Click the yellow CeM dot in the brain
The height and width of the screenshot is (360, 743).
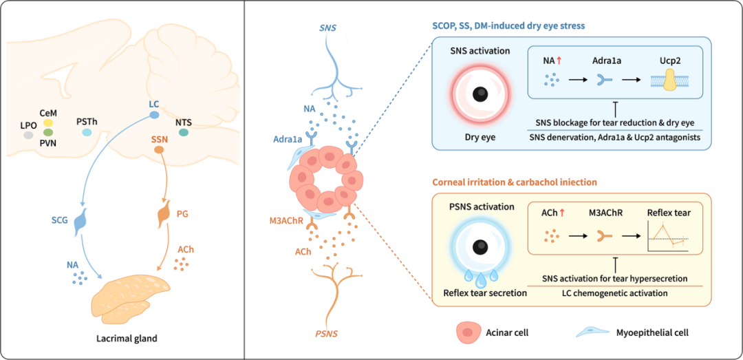pyautogui.click(x=48, y=123)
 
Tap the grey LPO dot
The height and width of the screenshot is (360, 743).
pyautogui.click(x=28, y=135)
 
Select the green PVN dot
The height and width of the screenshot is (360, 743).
pyautogui.click(x=48, y=132)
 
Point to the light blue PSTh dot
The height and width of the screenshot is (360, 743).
pyautogui.click(x=87, y=132)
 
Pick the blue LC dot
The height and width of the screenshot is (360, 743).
pyautogui.click(x=154, y=114)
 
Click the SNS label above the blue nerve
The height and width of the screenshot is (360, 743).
pyautogui.click(x=328, y=29)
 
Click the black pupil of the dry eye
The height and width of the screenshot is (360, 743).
pyautogui.click(x=481, y=93)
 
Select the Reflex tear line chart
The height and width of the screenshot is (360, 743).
pyautogui.click(x=669, y=239)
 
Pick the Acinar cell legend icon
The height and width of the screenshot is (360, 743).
pyautogui.click(x=469, y=332)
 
